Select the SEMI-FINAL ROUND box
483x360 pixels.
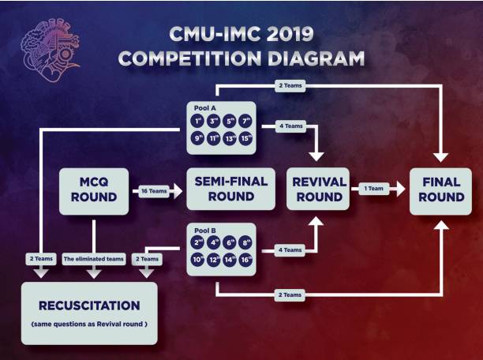(227, 189)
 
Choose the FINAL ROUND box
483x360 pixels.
(441, 189)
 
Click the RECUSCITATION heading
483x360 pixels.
(88, 305)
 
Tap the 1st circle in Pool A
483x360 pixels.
(198, 121)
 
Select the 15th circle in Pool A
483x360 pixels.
(246, 138)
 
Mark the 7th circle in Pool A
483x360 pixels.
(246, 121)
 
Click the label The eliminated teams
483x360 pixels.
(94, 258)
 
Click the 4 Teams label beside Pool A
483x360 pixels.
(291, 126)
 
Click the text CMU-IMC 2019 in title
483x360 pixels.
(241, 36)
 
